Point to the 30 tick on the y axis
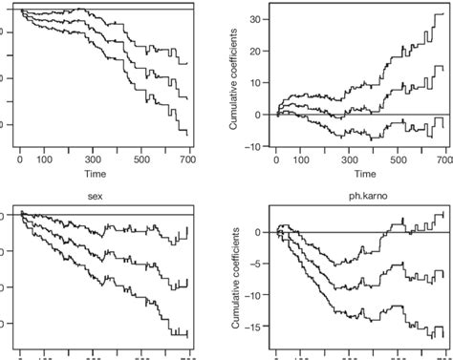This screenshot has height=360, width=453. (x=254, y=19)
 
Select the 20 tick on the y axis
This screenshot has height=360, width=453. (x=254, y=51)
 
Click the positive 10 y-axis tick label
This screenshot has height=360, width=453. (x=254, y=83)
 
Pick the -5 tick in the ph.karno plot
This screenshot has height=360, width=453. (x=254, y=264)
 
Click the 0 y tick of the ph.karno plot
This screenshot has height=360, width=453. (x=257, y=232)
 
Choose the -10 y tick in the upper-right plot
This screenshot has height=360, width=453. (x=252, y=146)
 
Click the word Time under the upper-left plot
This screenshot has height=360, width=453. (x=106, y=175)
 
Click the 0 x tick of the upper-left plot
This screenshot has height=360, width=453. (x=21, y=160)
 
